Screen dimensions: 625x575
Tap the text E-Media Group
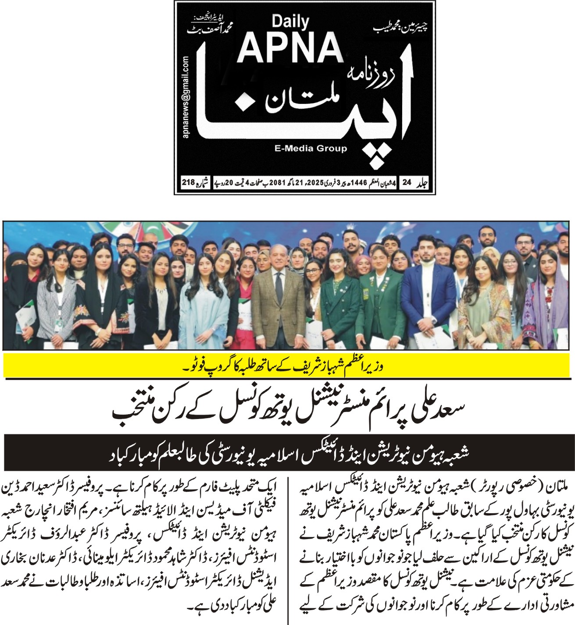click(311, 148)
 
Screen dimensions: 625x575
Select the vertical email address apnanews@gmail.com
click(186, 97)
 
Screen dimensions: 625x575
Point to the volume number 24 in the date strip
click(407, 182)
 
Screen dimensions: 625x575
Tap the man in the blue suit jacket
click(425, 298)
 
